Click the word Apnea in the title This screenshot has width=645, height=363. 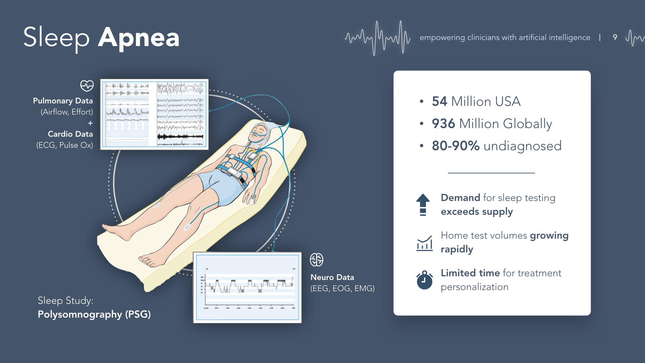[139, 38]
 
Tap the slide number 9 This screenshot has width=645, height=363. [615, 37]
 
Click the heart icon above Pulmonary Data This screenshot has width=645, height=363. [87, 85]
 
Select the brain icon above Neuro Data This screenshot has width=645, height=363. [316, 260]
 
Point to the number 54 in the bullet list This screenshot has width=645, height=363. [439, 101]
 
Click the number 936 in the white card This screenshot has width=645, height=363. [443, 124]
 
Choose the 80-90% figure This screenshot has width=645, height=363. [456, 146]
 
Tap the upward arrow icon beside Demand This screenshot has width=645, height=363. [423, 204]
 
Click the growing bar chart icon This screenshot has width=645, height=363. [424, 243]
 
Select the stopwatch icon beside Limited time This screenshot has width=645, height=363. [424, 280]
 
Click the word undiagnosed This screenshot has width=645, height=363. [522, 146]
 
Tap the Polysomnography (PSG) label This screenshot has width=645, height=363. [94, 314]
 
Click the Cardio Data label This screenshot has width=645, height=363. [70, 134]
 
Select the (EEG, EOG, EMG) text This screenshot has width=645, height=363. [342, 288]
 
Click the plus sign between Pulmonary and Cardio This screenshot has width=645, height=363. [90, 123]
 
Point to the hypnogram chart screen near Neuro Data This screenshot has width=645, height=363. [247, 288]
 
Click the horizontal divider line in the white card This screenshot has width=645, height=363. [491, 173]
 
